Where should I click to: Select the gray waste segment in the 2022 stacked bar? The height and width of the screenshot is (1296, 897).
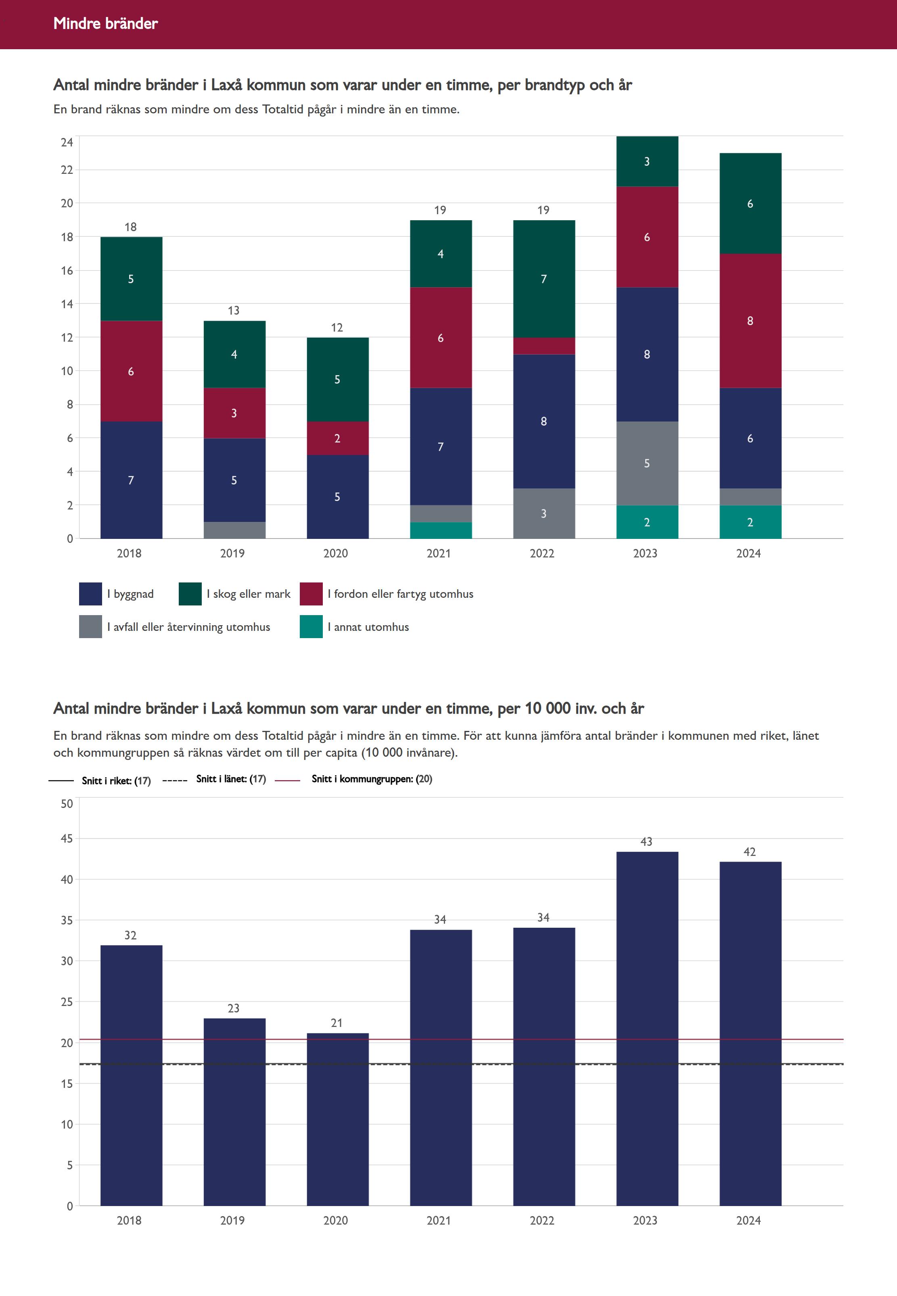pos(544,513)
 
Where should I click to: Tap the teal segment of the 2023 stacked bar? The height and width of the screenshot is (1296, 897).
pos(647,522)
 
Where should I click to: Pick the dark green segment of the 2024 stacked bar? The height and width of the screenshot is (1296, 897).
pos(750,203)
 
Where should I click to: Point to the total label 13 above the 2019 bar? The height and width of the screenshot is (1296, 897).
pos(233,311)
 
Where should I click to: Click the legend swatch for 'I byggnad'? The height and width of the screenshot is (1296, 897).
pos(90,594)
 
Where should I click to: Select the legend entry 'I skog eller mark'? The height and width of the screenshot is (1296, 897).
pos(249,594)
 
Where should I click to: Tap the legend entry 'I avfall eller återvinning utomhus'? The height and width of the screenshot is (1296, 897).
pos(188,627)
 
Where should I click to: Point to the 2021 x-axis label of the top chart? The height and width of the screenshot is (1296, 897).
pos(438,553)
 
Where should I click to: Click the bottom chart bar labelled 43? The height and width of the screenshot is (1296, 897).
pos(647,1028)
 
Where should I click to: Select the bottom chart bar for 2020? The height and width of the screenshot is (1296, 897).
pos(337,1118)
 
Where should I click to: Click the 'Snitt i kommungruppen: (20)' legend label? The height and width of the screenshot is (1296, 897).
pos(372,778)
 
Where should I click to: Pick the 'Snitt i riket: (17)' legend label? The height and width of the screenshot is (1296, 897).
pos(116,780)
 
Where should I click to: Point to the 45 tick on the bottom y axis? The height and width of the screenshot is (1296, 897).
pos(67,839)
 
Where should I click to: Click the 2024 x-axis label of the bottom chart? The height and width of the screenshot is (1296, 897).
pos(748,1220)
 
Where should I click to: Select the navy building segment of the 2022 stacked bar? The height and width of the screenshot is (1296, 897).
pos(544,422)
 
